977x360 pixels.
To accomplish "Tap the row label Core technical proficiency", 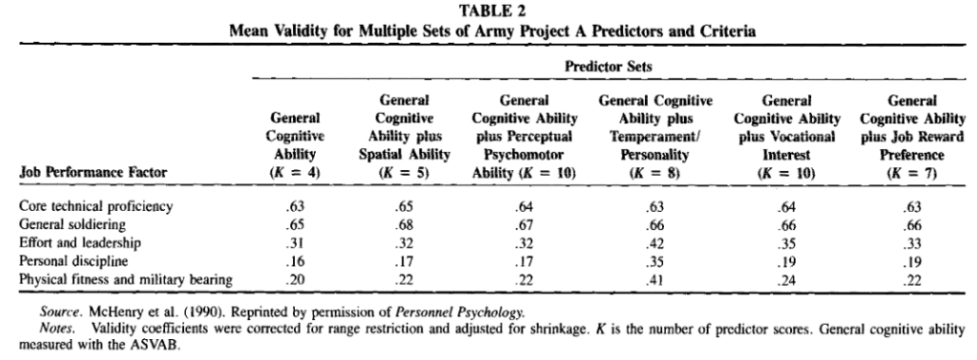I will point(87,204).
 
